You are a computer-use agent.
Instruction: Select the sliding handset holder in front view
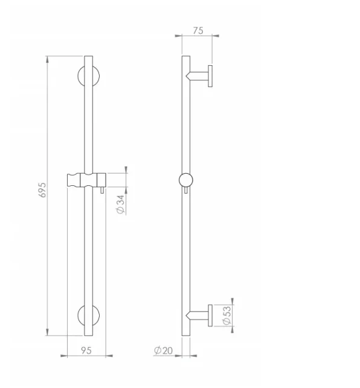[86, 180]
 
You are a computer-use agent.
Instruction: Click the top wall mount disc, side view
[210, 75]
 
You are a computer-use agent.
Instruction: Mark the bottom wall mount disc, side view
[210, 315]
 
